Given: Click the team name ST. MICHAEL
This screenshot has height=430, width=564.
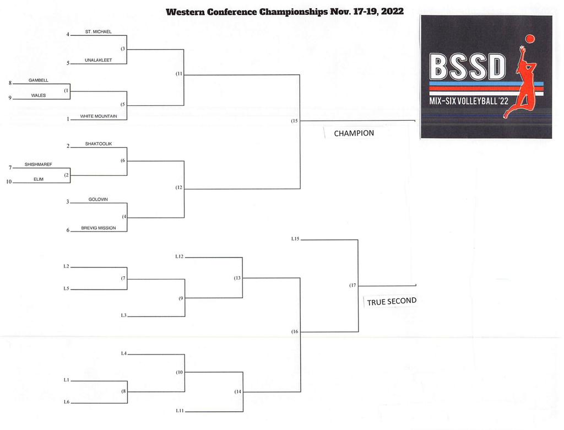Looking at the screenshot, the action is pyautogui.click(x=98, y=31).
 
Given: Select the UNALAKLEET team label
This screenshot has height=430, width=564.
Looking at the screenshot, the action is pyautogui.click(x=98, y=60).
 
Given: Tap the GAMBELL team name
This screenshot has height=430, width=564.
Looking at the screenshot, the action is pyautogui.click(x=39, y=80).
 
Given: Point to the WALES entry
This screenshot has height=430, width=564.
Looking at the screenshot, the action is pyautogui.click(x=39, y=95).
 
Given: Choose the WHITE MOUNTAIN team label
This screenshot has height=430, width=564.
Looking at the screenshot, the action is pyautogui.click(x=99, y=116).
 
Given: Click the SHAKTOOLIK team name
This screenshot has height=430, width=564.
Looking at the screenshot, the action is pyautogui.click(x=99, y=144).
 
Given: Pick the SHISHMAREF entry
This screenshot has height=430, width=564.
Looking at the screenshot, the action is pyautogui.click(x=39, y=164).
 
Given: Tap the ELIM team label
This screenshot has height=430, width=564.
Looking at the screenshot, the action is pyautogui.click(x=39, y=179).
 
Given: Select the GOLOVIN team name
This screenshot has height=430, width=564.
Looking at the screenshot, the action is pyautogui.click(x=98, y=199).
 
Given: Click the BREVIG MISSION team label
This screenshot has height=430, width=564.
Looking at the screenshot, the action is pyautogui.click(x=99, y=228).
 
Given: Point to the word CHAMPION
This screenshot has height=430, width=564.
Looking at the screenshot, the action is pyautogui.click(x=354, y=133).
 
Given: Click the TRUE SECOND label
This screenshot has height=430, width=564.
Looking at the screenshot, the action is pyautogui.click(x=392, y=301).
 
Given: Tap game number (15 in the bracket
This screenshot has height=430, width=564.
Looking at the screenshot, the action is pyautogui.click(x=294, y=121).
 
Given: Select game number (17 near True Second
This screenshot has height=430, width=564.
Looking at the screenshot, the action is pyautogui.click(x=352, y=285).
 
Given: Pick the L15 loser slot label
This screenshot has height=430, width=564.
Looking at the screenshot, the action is pyautogui.click(x=295, y=239).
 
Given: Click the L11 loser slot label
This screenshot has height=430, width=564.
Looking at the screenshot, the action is pyautogui.click(x=180, y=411).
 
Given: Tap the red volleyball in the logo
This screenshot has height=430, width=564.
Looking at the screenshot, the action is pyautogui.click(x=530, y=39).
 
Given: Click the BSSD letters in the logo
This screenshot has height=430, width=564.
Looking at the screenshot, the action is pyautogui.click(x=468, y=67).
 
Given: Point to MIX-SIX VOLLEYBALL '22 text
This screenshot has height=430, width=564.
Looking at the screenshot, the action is pyautogui.click(x=469, y=101).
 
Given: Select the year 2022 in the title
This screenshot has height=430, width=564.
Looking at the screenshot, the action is pyautogui.click(x=392, y=12).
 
